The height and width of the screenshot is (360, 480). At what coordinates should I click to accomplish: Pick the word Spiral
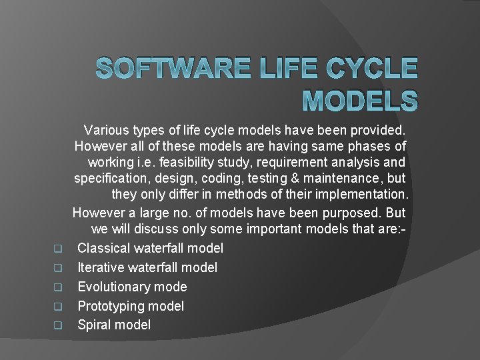click(94, 325)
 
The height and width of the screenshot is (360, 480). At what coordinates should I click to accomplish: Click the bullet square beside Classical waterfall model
click(57, 250)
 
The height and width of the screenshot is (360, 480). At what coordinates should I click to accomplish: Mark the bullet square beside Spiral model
click(57, 326)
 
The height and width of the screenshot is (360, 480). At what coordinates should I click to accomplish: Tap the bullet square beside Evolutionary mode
click(57, 288)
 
